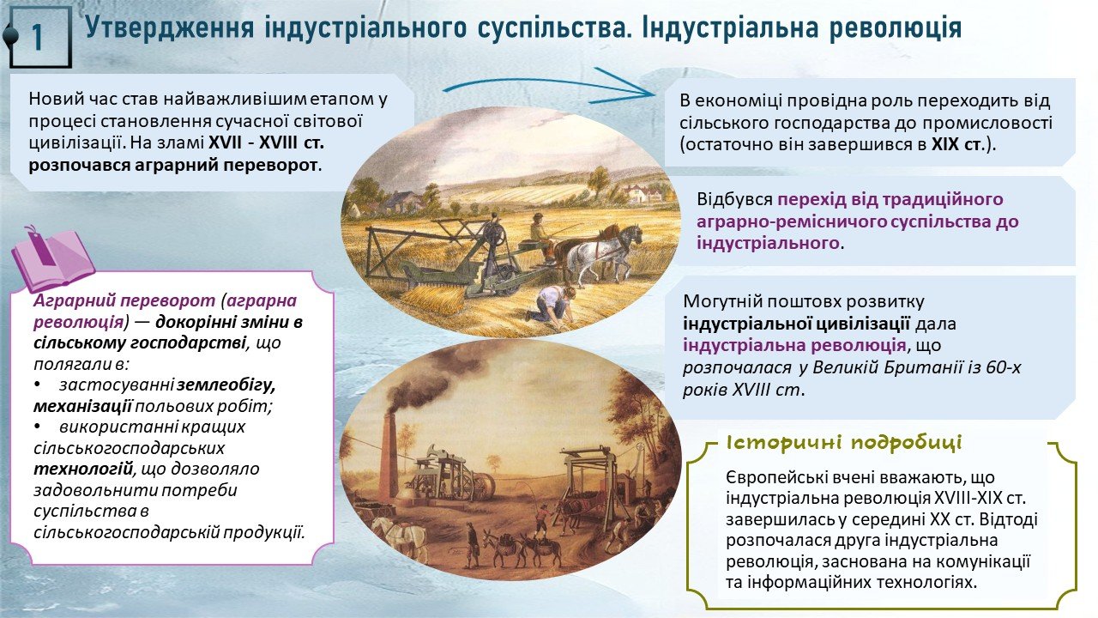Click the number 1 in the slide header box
tap(38, 37)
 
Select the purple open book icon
tap(53, 259)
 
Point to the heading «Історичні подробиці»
tap(843, 443)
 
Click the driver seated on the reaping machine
tap(540, 234)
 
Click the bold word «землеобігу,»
tap(226, 385)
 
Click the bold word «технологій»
tap(83, 469)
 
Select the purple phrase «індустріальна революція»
tap(794, 345)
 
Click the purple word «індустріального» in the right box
tap(768, 243)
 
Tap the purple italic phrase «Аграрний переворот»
tap(124, 300)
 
